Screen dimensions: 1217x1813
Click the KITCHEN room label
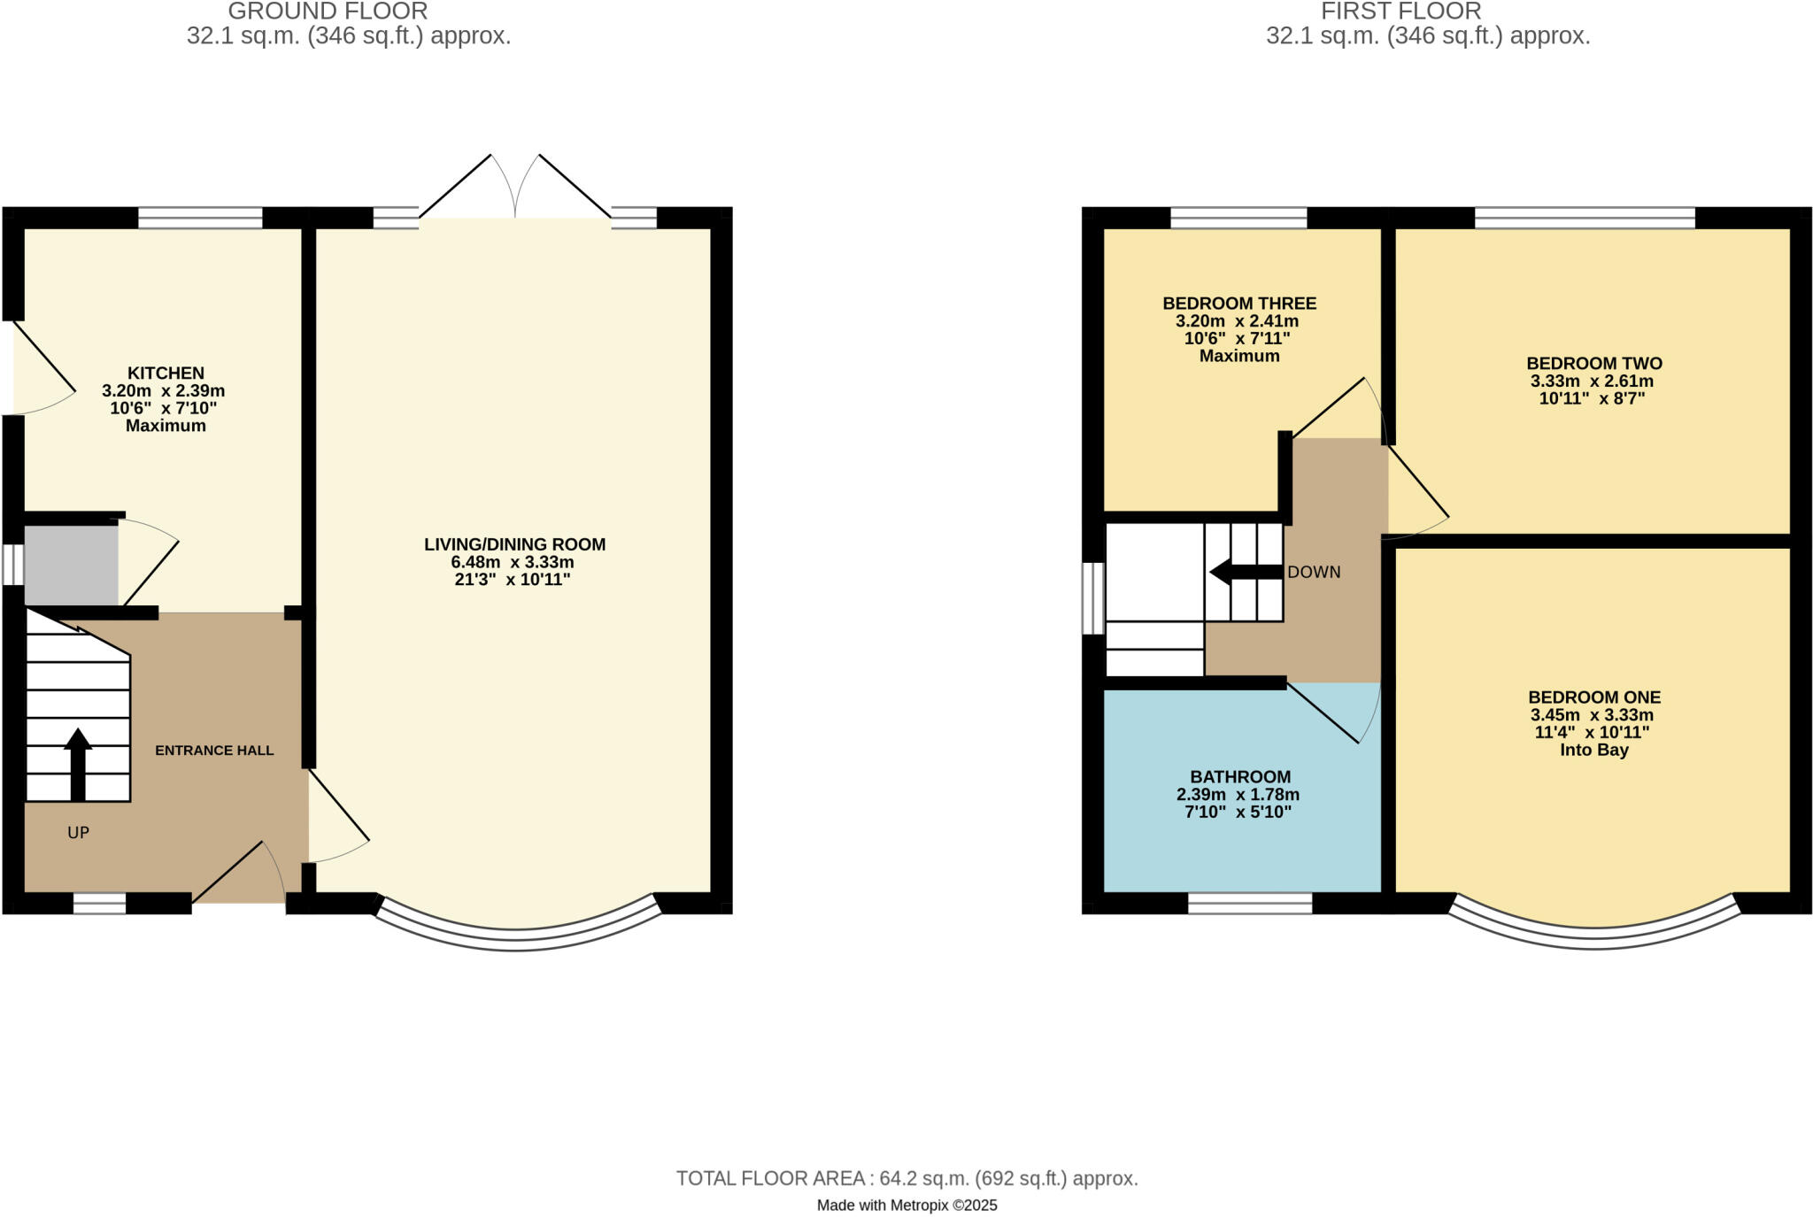[166, 373]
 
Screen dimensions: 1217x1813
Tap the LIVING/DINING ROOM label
[514, 544]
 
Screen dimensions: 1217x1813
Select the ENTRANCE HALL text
[214, 751]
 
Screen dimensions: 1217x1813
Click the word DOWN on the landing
[1314, 573]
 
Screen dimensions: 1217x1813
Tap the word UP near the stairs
[79, 833]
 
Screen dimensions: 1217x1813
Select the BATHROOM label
[1239, 777]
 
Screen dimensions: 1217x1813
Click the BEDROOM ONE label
[1593, 697]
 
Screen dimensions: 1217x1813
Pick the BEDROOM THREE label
[1238, 304]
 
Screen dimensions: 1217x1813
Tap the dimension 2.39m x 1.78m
[1238, 795]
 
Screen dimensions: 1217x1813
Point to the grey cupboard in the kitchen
[70, 566]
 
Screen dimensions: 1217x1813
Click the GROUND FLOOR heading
[328, 12]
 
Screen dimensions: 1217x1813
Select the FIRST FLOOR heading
[1400, 12]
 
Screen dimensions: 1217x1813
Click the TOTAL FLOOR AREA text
[906, 1178]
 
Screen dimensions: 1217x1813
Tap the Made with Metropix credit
[906, 1205]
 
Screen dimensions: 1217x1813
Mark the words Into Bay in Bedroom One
[1593, 751]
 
